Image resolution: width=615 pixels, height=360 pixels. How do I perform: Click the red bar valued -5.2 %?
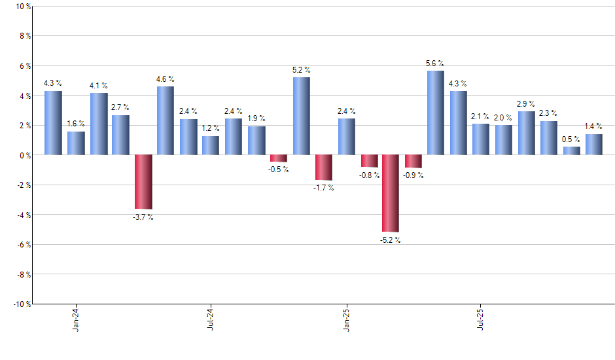pos(391,193)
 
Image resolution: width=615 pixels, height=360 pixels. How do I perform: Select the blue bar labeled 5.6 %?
pos(436,113)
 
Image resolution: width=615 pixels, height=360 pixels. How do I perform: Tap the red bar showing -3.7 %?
pos(143,182)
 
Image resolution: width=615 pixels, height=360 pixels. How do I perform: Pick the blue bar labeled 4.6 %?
pos(166,120)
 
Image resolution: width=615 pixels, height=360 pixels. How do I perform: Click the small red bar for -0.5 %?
pos(279,158)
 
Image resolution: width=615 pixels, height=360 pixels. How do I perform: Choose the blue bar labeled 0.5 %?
pos(572,151)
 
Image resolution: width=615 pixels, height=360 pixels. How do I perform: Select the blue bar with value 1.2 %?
pos(211,145)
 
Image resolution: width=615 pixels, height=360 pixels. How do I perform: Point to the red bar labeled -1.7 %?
pos(324,168)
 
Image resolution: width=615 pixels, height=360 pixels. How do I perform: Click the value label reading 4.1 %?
pos(99,86)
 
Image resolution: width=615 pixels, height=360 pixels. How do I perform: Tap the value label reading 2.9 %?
pos(526,104)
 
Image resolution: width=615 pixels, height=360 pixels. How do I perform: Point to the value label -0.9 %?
pos(413,175)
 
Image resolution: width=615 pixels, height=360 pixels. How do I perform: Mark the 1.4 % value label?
pos(593,126)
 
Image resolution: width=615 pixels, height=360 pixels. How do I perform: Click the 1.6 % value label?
pos(76,124)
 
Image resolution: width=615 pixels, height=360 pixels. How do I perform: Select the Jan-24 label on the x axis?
pos(76,319)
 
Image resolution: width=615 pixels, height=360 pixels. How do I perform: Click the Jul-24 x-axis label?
pos(211,319)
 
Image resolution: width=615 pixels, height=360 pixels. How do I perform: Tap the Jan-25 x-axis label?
pos(345,319)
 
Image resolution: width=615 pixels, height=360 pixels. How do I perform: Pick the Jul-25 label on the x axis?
pos(480,319)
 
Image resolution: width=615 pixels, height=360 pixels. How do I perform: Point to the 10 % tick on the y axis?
pos(23,7)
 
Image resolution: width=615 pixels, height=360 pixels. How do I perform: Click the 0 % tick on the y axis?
pos(25,155)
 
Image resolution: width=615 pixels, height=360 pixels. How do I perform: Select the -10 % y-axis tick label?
pos(22,304)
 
